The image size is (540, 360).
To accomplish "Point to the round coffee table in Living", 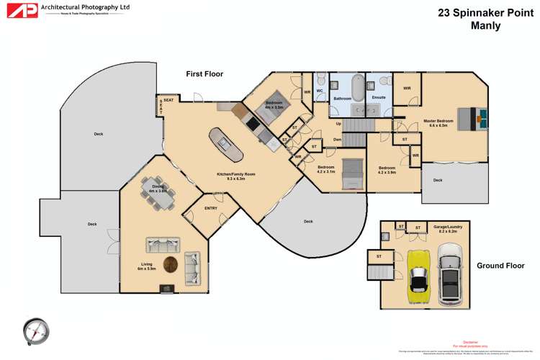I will pyautogui.click(x=171, y=265).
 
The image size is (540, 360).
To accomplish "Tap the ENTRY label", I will pyautogui.click(x=211, y=208).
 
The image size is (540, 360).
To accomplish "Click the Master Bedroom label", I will pyautogui.click(x=438, y=121).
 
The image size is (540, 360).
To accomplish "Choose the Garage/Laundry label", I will pyautogui.click(x=448, y=227).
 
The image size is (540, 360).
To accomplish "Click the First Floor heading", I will pyautogui.click(x=204, y=73).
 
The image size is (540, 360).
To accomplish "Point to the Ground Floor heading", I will pyautogui.click(x=500, y=266).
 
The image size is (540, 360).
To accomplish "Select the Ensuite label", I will pyautogui.click(x=379, y=97).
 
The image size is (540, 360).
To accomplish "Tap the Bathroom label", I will pyautogui.click(x=342, y=98).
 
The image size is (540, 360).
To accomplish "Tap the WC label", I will pyautogui.click(x=319, y=91).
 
